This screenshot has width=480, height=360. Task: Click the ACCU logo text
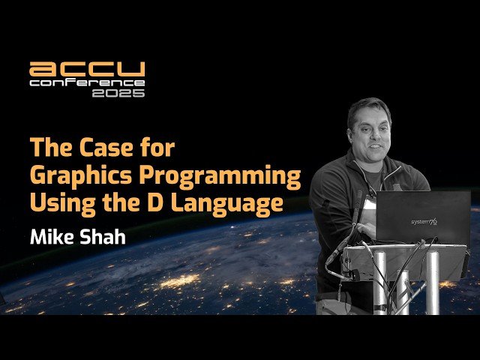87,70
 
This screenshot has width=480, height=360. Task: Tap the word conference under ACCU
87,82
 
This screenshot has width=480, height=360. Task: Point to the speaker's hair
369,106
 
